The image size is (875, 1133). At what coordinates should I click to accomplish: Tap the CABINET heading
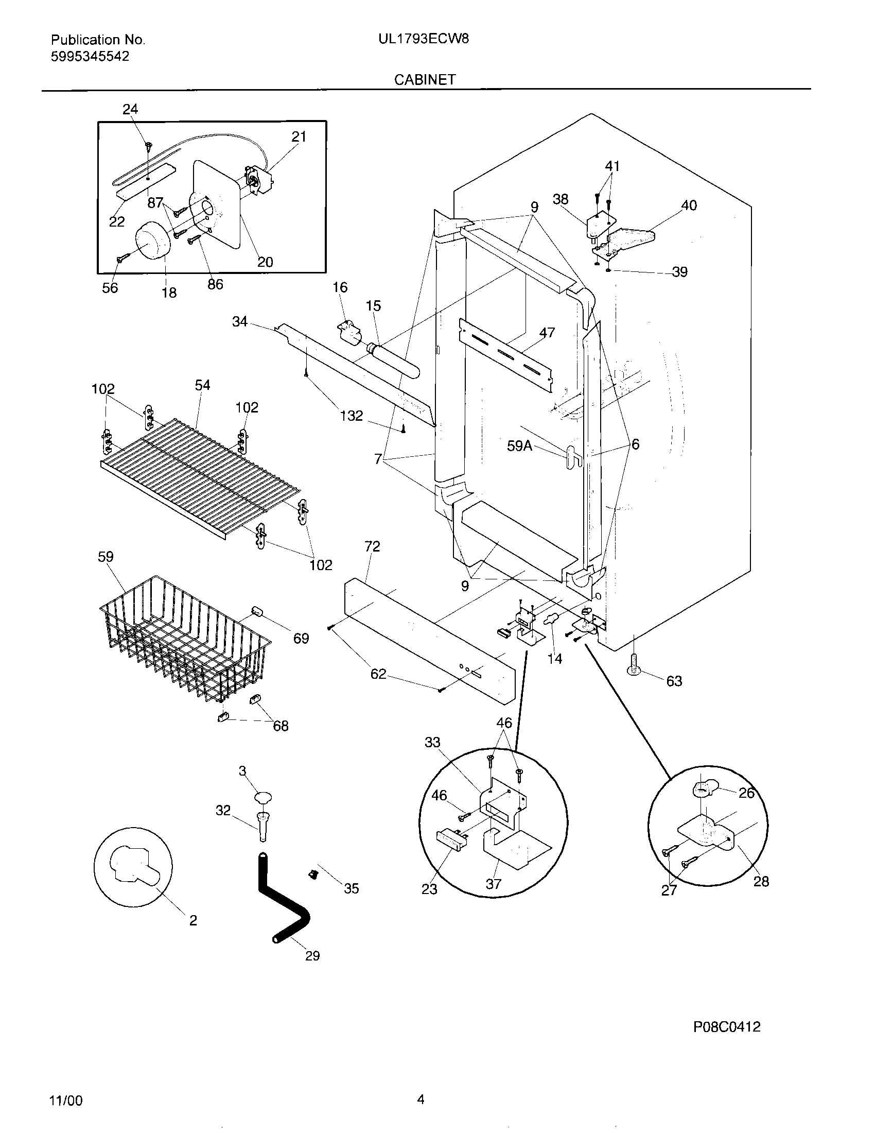[x=425, y=79]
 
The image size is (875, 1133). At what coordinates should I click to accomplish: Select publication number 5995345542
[x=90, y=56]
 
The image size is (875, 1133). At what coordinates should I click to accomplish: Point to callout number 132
[x=352, y=416]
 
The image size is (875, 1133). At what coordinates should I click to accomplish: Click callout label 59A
[x=519, y=445]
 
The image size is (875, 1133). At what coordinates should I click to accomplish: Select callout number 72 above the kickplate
[x=372, y=546]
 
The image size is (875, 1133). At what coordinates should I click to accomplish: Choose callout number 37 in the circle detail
[x=493, y=883]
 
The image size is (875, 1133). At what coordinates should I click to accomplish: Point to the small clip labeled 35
[x=312, y=874]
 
